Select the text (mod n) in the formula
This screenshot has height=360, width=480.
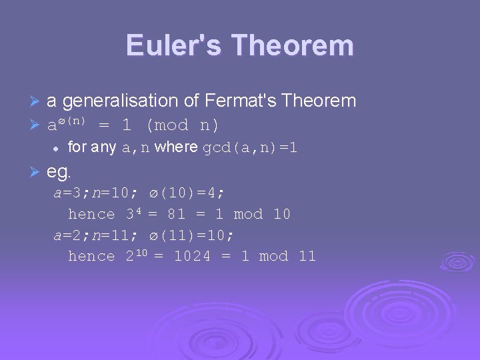[182, 125]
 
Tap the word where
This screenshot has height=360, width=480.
[175, 148]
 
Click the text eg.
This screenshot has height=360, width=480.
[59, 173]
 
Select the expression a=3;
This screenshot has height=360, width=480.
[71, 193]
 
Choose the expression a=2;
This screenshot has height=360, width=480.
[71, 235]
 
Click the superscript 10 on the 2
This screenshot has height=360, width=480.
[141, 253]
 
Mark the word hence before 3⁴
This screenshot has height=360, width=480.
[91, 214]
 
